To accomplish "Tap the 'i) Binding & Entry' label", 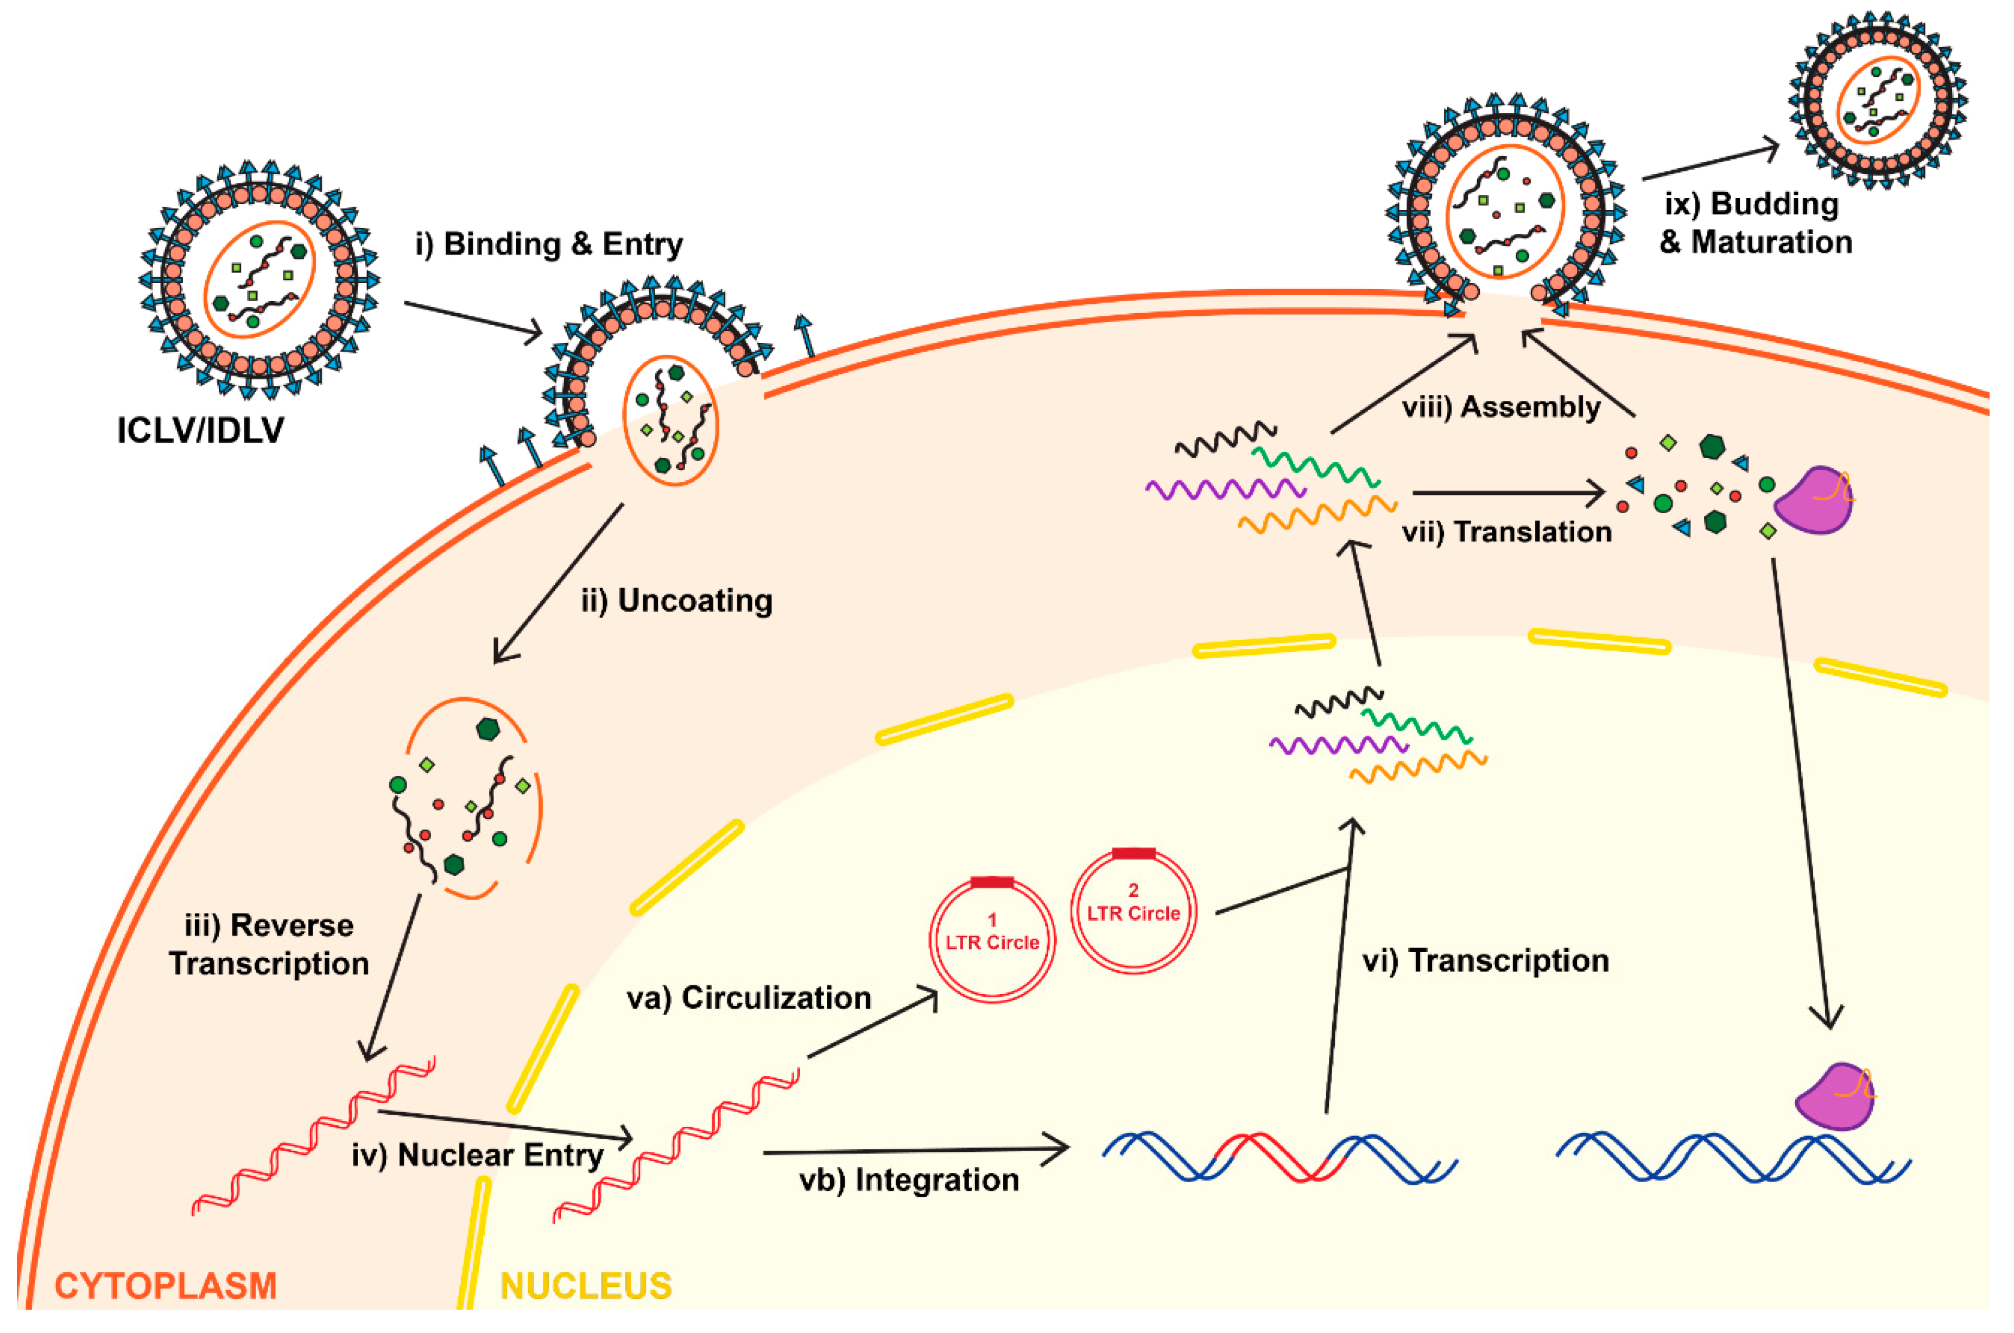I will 549,244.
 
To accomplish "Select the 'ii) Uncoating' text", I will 677,600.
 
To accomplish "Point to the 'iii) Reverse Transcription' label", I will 269,943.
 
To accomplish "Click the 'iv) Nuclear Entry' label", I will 477,1155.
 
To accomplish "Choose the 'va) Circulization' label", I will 749,997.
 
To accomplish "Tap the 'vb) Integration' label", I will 908,1180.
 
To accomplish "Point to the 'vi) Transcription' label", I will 1485,961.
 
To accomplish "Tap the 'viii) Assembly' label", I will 1500,407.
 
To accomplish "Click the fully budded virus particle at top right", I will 1877,100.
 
